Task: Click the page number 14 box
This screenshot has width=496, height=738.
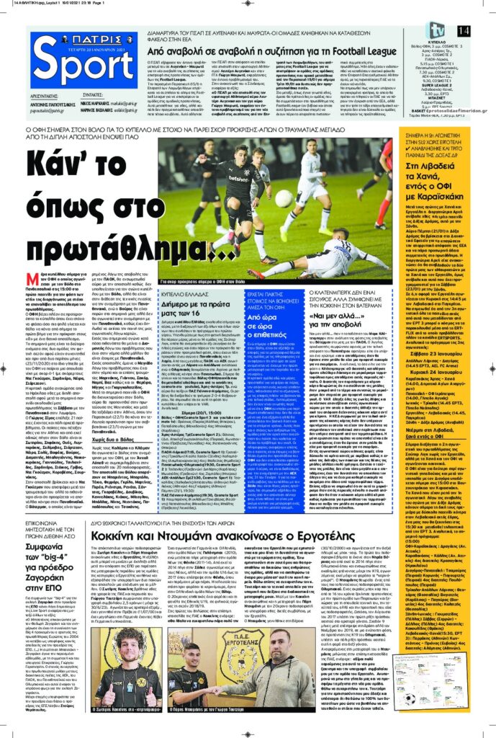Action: (483, 30)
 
